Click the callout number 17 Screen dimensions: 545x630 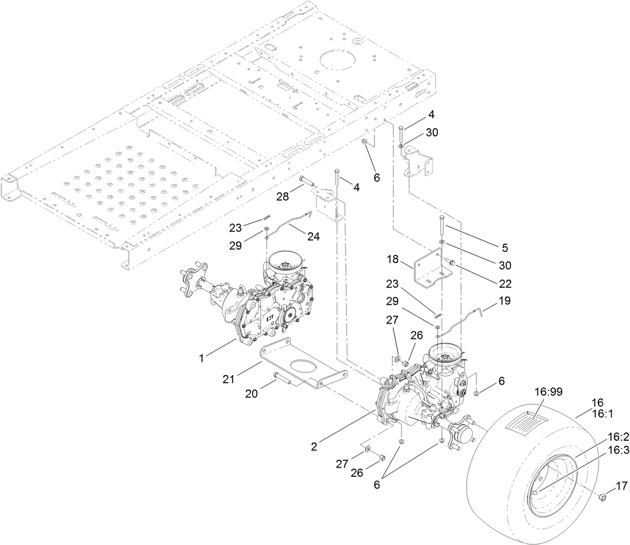coord(622,486)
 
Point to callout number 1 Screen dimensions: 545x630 coord(202,358)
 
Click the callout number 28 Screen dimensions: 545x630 coord(284,196)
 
